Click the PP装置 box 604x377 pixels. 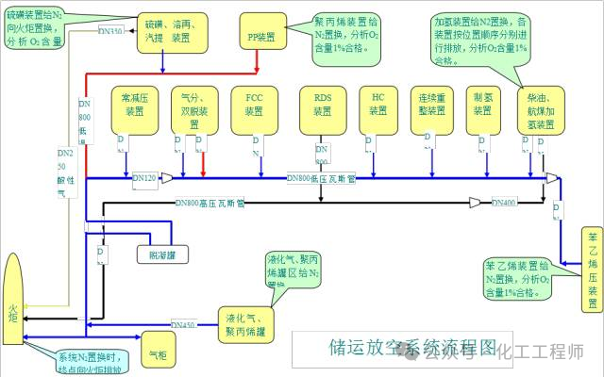(x=261, y=36)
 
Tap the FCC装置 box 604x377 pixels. (x=254, y=105)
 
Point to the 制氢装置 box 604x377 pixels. (x=484, y=105)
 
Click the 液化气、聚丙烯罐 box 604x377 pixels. (x=247, y=323)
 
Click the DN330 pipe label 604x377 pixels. (x=110, y=31)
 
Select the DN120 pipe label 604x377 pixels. (x=146, y=177)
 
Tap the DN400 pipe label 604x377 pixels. (x=503, y=203)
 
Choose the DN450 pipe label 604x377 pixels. (x=183, y=326)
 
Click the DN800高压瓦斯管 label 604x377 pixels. (x=210, y=203)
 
